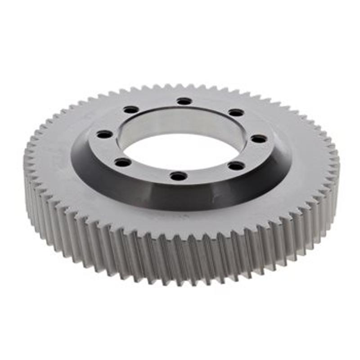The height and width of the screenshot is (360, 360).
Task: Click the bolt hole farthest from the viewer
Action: pos(184,101)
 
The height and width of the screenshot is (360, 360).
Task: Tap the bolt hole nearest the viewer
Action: pos(179,176)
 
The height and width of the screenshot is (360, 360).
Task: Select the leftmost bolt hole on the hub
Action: pos(104,134)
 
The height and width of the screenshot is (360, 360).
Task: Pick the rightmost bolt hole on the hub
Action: pos(259,139)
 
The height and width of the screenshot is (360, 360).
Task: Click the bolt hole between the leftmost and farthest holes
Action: pos(131,109)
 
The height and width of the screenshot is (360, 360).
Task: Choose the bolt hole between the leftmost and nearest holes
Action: pos(122,162)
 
